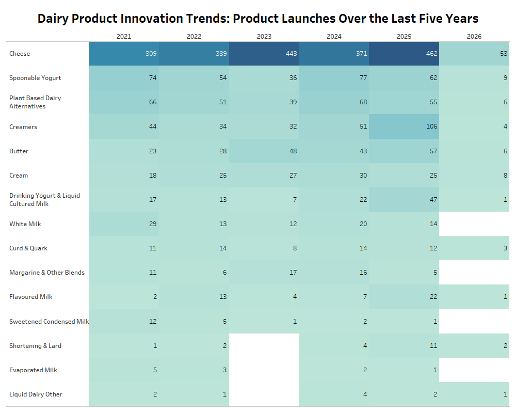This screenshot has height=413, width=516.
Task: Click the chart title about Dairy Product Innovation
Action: pos(257,19)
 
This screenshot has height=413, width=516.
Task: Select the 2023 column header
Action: pos(264,37)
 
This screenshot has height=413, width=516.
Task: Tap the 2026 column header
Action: pos(474,37)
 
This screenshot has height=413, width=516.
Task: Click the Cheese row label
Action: pos(20,54)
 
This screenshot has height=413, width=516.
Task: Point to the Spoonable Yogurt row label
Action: pos(35,78)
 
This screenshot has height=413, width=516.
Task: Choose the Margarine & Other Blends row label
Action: pos(47,273)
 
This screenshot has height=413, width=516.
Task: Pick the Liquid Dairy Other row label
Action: pos(36,394)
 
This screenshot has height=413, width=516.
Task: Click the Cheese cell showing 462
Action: pos(404,54)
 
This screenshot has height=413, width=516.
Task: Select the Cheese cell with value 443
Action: pos(264,54)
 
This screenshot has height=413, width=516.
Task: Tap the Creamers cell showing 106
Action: pos(404,126)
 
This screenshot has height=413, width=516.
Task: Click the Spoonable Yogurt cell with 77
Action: pos(334,78)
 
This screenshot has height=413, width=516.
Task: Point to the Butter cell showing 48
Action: pos(264,151)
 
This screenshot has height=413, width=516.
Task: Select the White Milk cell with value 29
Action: pos(124,224)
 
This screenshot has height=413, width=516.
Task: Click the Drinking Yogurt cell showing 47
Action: pos(404,200)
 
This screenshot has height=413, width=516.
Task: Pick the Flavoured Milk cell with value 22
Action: pos(404,297)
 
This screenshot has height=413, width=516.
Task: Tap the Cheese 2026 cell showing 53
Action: pos(474,54)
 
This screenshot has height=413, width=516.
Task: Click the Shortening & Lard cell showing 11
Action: pos(404,346)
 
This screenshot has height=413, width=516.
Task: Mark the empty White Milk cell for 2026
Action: pos(474,224)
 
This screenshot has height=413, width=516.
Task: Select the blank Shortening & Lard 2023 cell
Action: pos(264,346)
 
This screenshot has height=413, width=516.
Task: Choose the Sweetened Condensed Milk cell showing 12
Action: pos(124,321)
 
